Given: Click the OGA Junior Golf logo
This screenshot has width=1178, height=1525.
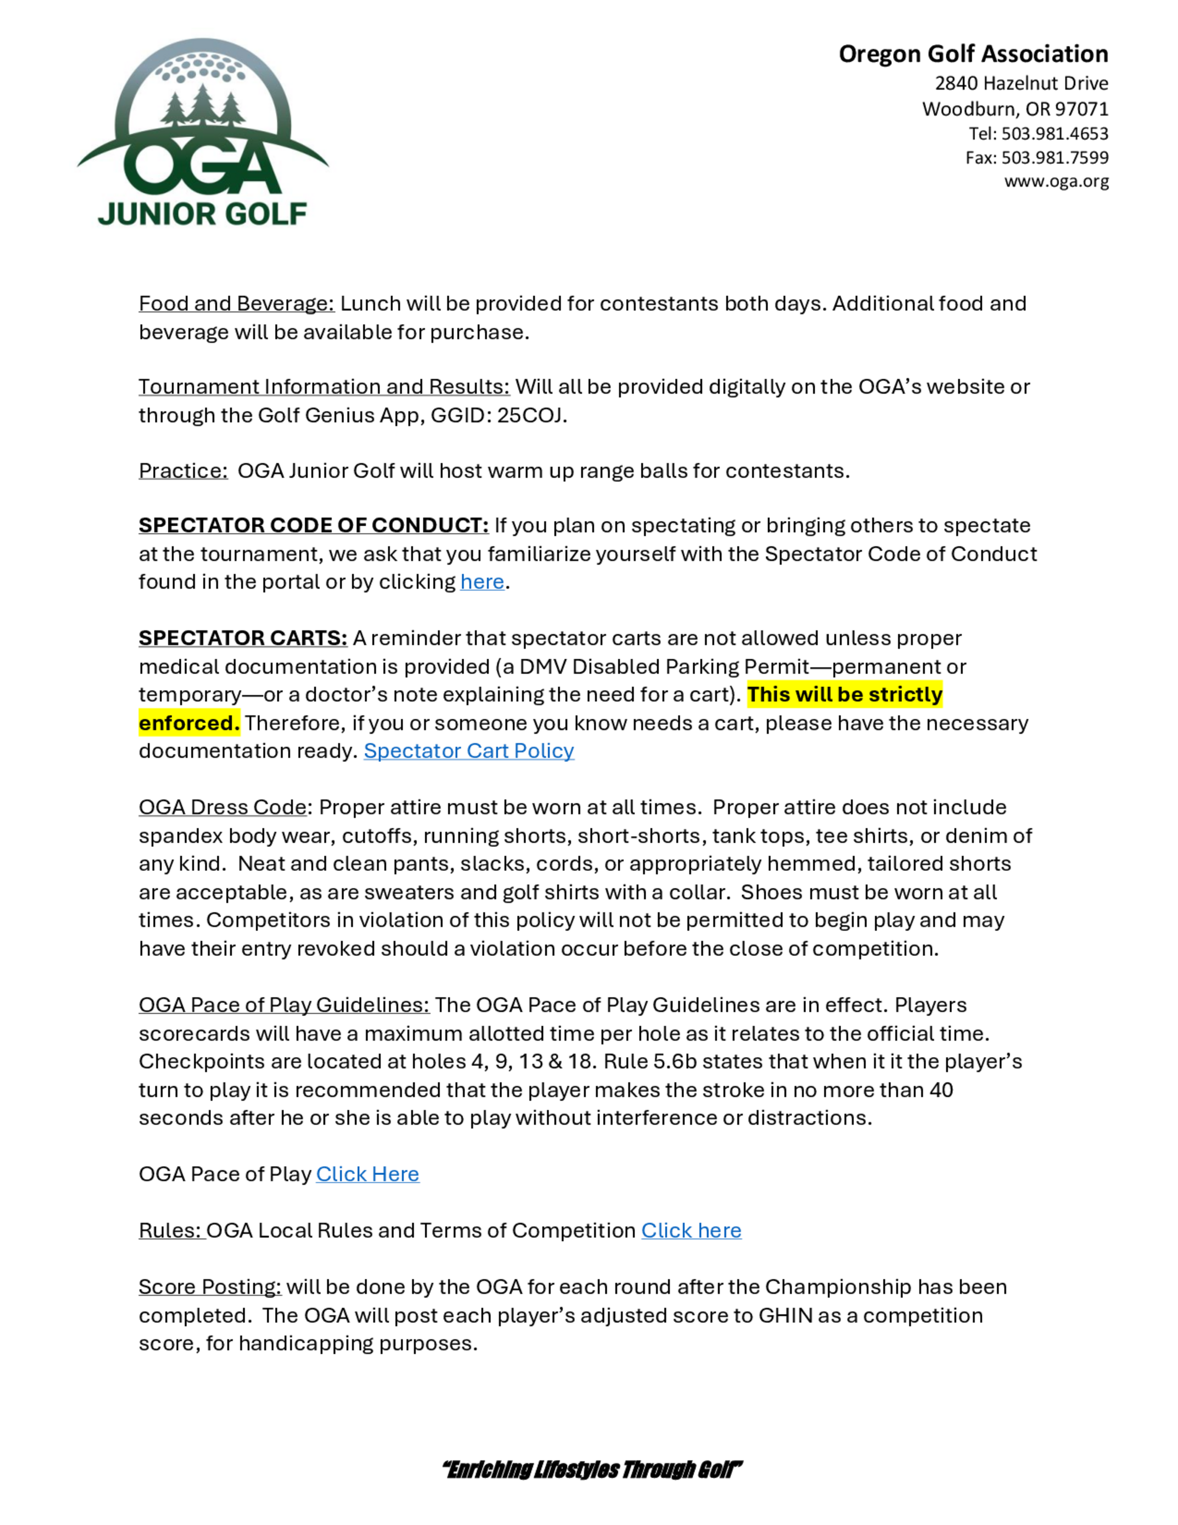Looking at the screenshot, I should tap(203, 133).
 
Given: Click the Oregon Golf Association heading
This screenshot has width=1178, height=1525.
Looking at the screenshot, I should tap(973, 54).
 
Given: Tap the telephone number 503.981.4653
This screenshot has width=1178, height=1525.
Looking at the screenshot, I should tap(1054, 133).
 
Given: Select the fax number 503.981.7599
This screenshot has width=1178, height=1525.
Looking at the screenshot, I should tap(1054, 158).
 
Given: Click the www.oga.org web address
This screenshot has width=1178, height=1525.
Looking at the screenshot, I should tap(1056, 181).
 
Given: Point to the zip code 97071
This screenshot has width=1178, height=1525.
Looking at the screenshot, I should tap(1081, 109).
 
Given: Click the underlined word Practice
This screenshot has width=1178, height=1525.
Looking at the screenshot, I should tap(183, 471).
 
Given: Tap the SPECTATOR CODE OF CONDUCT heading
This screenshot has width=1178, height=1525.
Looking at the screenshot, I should tap(313, 525).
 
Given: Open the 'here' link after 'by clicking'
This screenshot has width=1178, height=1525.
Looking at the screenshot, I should tap(482, 582).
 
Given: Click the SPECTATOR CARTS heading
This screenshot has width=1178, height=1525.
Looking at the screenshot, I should tap(243, 638).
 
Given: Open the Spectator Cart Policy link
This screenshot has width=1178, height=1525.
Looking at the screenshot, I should tap(468, 751).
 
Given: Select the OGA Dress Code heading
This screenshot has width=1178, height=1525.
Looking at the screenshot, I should tap(223, 807).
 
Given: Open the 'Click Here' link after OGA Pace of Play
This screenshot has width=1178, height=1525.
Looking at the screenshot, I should tap(367, 1174).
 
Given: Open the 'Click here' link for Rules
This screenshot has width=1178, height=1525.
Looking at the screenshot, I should tap(691, 1230).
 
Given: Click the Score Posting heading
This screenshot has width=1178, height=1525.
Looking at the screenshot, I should tap(209, 1287).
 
